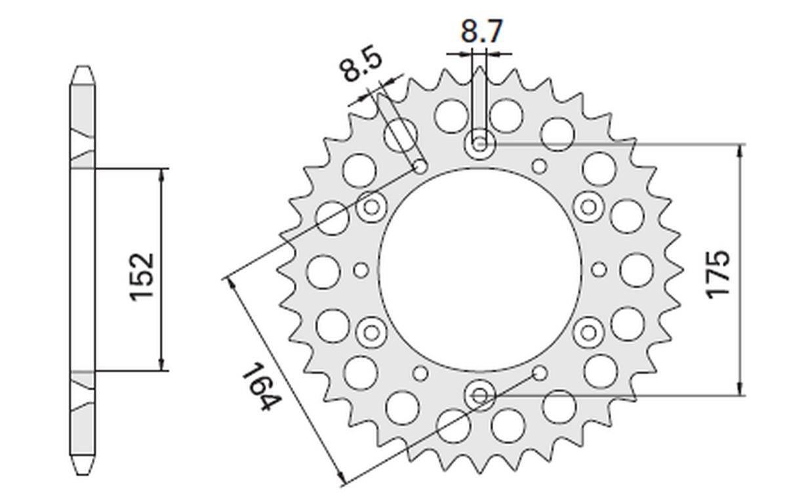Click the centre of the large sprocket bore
coord(480,269)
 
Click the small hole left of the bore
coord(360,270)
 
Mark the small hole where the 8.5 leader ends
coord(420,167)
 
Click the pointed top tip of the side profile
coord(82,67)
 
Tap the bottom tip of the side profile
coord(82,474)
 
